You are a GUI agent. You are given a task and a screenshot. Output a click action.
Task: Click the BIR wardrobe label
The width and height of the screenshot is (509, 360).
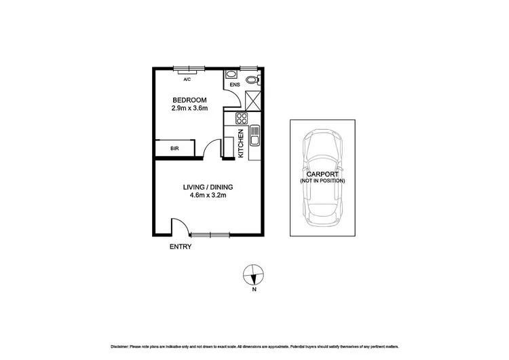(174, 148)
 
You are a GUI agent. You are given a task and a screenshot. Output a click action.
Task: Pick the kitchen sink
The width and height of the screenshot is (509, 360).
(255, 137)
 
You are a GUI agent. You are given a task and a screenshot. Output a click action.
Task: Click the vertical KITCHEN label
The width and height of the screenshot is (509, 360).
(241, 144)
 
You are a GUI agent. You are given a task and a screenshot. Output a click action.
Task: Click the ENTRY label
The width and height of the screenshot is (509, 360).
(180, 247)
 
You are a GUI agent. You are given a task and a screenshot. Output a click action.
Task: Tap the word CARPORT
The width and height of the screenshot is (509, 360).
(322, 174)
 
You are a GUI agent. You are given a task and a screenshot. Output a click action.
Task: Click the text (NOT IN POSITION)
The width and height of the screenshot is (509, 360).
(322, 181)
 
